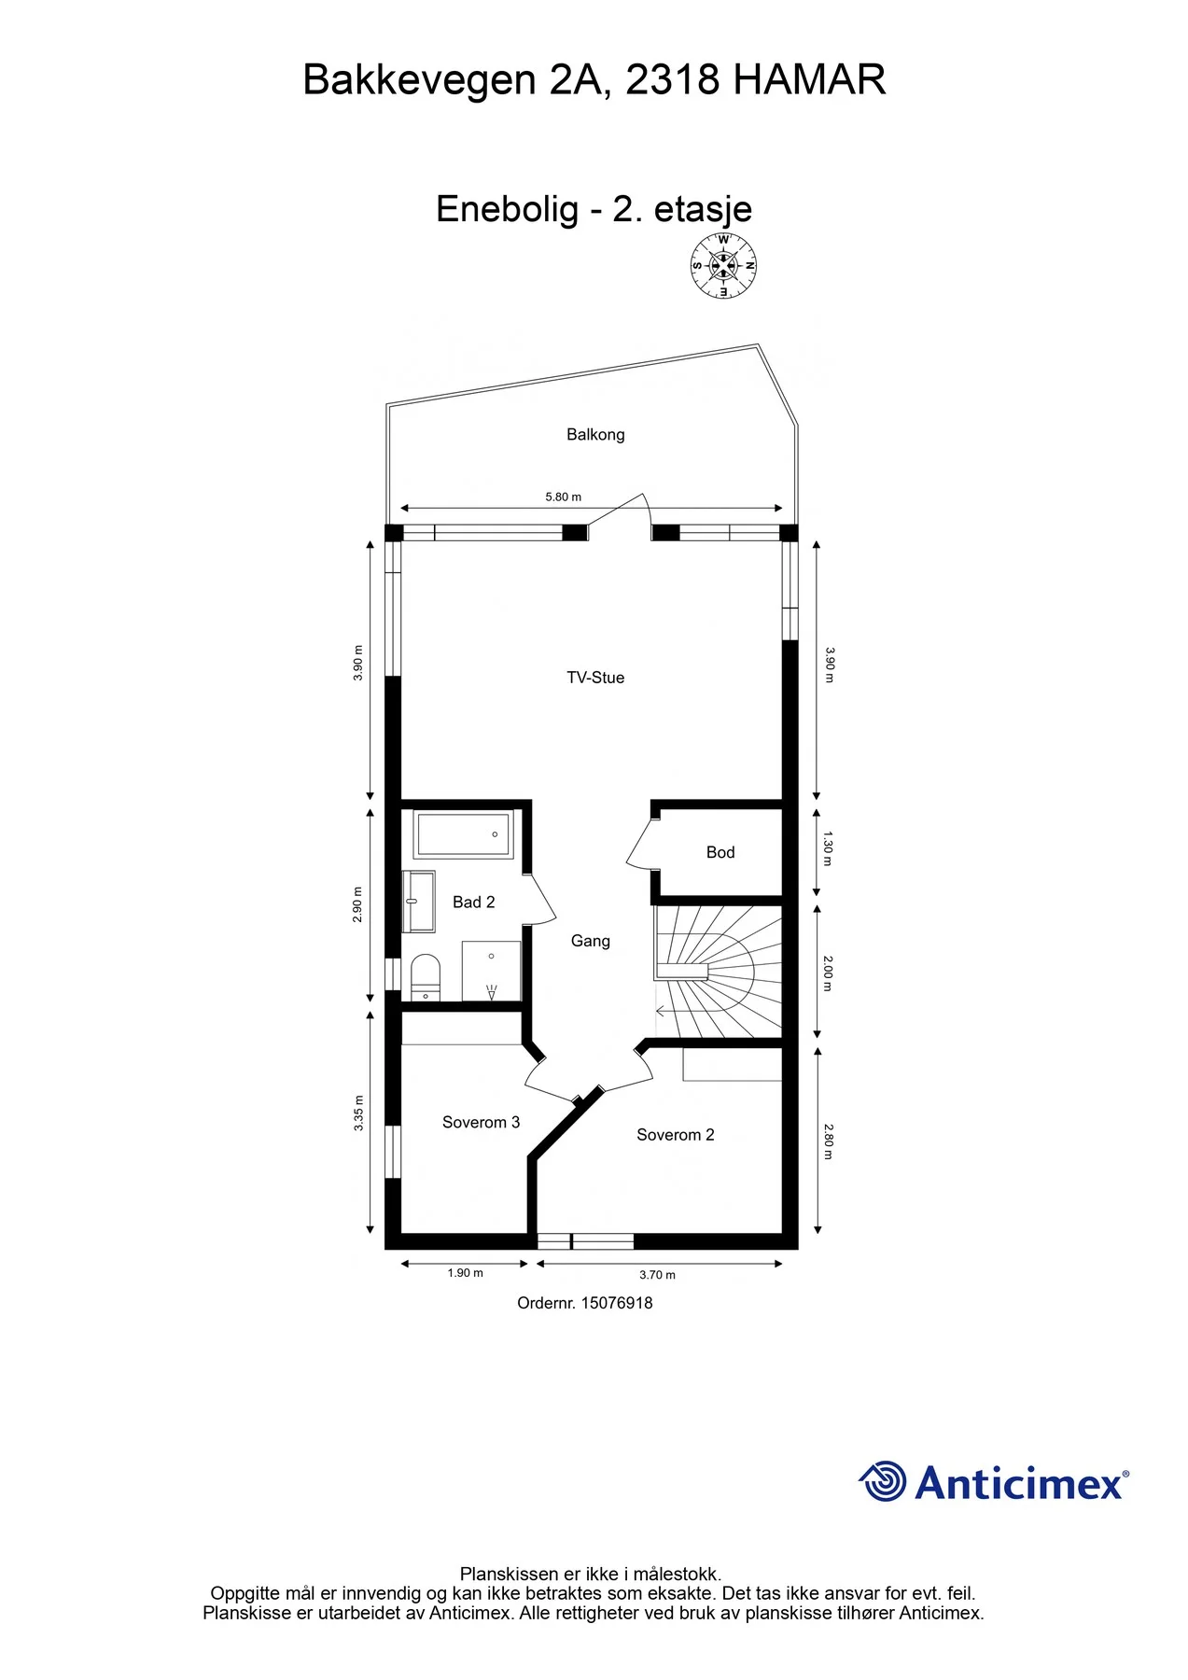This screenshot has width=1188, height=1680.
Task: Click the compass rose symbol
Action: [723, 266]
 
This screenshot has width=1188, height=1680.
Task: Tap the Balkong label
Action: [595, 435]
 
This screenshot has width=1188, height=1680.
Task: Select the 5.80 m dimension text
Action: [564, 497]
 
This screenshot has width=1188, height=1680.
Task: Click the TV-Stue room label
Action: [595, 678]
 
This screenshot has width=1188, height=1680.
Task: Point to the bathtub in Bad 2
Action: [464, 834]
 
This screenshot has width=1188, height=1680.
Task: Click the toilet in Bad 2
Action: [426, 978]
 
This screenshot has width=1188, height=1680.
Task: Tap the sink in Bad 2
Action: [419, 902]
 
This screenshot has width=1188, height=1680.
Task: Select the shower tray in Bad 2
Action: [491, 972]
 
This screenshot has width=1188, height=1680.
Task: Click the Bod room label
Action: [720, 852]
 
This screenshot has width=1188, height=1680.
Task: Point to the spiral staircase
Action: [718, 972]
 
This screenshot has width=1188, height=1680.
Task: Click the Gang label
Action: [591, 941]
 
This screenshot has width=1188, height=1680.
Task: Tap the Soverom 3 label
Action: [481, 1123]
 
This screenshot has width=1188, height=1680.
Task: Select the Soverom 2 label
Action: [676, 1135]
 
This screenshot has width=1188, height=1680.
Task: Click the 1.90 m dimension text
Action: [466, 1273]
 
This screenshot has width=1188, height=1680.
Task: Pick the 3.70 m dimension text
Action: [658, 1275]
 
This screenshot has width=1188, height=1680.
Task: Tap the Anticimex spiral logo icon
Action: [883, 1481]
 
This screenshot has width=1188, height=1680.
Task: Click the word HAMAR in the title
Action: [809, 80]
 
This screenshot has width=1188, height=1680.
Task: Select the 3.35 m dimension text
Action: [358, 1113]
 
